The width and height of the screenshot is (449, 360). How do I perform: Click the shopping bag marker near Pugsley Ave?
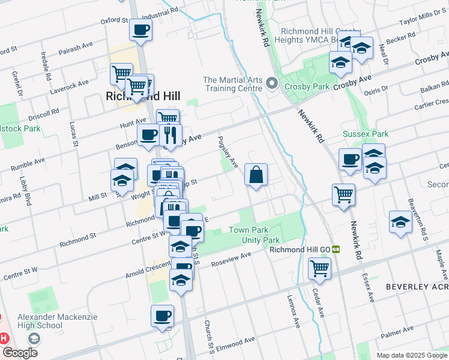pos(256,175)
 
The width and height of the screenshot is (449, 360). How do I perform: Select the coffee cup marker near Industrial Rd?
pos(140,29)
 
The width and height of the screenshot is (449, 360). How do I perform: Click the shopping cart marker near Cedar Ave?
pos(319,268)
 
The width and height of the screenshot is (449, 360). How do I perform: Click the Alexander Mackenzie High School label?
pos(40,321)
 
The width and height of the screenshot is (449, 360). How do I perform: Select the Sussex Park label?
pos(366,134)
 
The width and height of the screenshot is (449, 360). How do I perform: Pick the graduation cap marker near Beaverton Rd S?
pos(400,222)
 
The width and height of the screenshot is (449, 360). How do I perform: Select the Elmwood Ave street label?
pos(235,344)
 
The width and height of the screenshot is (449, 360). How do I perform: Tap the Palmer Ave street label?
pos(397,330)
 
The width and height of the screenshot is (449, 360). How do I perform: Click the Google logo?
pos(20,353)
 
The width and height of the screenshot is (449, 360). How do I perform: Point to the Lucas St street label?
pos(73,133)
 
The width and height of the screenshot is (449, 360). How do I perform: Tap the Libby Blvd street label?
pos(25,191)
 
